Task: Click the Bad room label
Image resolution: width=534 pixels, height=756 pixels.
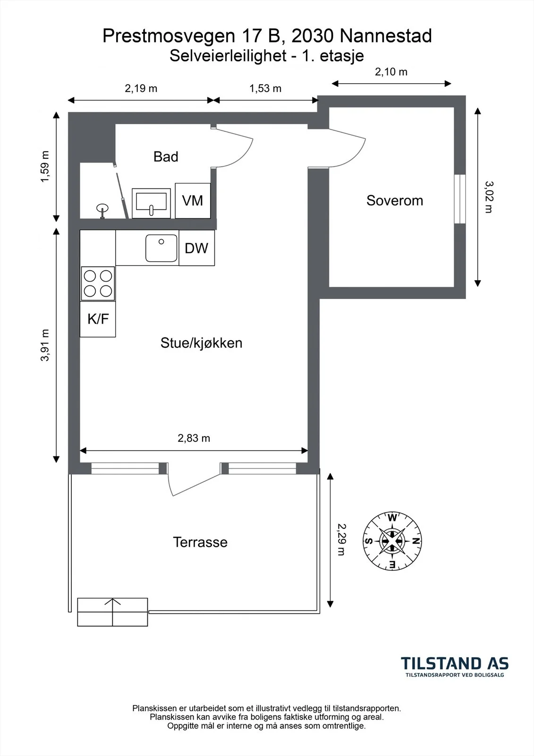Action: point(166,156)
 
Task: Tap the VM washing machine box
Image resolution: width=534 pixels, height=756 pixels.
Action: point(193,200)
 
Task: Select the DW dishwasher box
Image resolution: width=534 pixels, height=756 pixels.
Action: point(197,248)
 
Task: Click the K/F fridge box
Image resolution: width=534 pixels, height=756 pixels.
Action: point(98,319)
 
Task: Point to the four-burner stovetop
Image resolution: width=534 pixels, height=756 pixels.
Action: point(98,283)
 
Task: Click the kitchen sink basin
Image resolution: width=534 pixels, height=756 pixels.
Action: point(161,248)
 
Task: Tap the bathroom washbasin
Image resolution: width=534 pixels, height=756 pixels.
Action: point(151,203)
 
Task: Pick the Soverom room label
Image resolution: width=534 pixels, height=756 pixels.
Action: point(395,200)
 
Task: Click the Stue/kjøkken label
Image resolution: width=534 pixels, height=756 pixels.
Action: point(202,343)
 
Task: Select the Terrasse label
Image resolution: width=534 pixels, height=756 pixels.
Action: point(200,542)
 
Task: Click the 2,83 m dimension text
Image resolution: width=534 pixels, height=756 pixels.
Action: point(194,438)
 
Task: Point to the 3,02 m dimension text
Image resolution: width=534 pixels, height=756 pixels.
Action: point(489,197)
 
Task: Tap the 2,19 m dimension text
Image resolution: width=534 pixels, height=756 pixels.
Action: point(141,88)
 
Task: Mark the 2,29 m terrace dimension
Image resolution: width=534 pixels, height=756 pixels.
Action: point(341,540)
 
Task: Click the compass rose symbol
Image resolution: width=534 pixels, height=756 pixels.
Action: point(392,541)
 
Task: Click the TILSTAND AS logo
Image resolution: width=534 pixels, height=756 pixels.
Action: point(454,667)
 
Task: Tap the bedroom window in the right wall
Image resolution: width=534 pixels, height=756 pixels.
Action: point(460,199)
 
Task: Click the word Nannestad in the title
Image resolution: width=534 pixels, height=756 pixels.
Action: point(386,36)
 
